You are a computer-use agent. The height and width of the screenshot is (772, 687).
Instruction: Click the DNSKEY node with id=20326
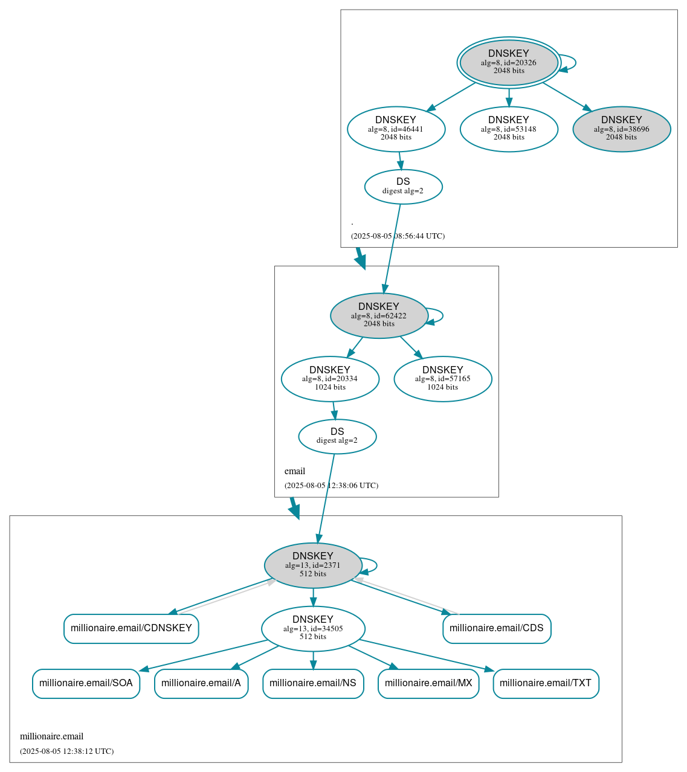(508, 62)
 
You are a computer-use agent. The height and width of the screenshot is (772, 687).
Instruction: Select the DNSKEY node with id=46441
(396, 129)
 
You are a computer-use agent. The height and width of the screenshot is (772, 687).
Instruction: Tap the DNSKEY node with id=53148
(508, 129)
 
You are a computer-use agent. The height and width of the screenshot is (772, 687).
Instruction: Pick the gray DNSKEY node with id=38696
(621, 129)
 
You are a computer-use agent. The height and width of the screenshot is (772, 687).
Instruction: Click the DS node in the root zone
(403, 187)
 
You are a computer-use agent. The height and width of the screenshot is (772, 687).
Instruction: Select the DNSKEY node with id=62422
(379, 315)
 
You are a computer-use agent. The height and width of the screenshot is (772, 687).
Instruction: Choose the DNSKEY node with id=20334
(330, 379)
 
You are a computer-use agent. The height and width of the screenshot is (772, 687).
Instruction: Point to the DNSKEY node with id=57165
(442, 379)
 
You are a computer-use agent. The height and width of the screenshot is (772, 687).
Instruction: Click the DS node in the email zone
(337, 436)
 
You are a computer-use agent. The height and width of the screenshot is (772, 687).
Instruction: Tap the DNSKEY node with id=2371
(313, 565)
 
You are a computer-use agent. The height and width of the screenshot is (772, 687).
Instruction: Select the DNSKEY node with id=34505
(313, 629)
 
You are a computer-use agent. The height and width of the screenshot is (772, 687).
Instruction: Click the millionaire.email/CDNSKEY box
(131, 628)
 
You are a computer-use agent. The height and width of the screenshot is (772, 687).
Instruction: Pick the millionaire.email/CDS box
(497, 628)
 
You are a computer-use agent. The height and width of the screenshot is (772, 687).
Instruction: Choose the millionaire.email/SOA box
(86, 683)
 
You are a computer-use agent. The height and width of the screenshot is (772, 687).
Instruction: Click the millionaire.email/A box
(201, 683)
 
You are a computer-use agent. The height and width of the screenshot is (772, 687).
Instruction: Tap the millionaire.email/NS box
(313, 683)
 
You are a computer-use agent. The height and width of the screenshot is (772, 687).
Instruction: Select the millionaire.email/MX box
(428, 683)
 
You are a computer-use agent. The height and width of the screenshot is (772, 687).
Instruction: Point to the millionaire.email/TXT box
(546, 683)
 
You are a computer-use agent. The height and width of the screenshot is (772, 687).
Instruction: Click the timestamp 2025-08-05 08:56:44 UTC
(398, 236)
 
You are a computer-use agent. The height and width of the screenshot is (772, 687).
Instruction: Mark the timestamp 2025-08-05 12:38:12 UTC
(66, 751)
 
